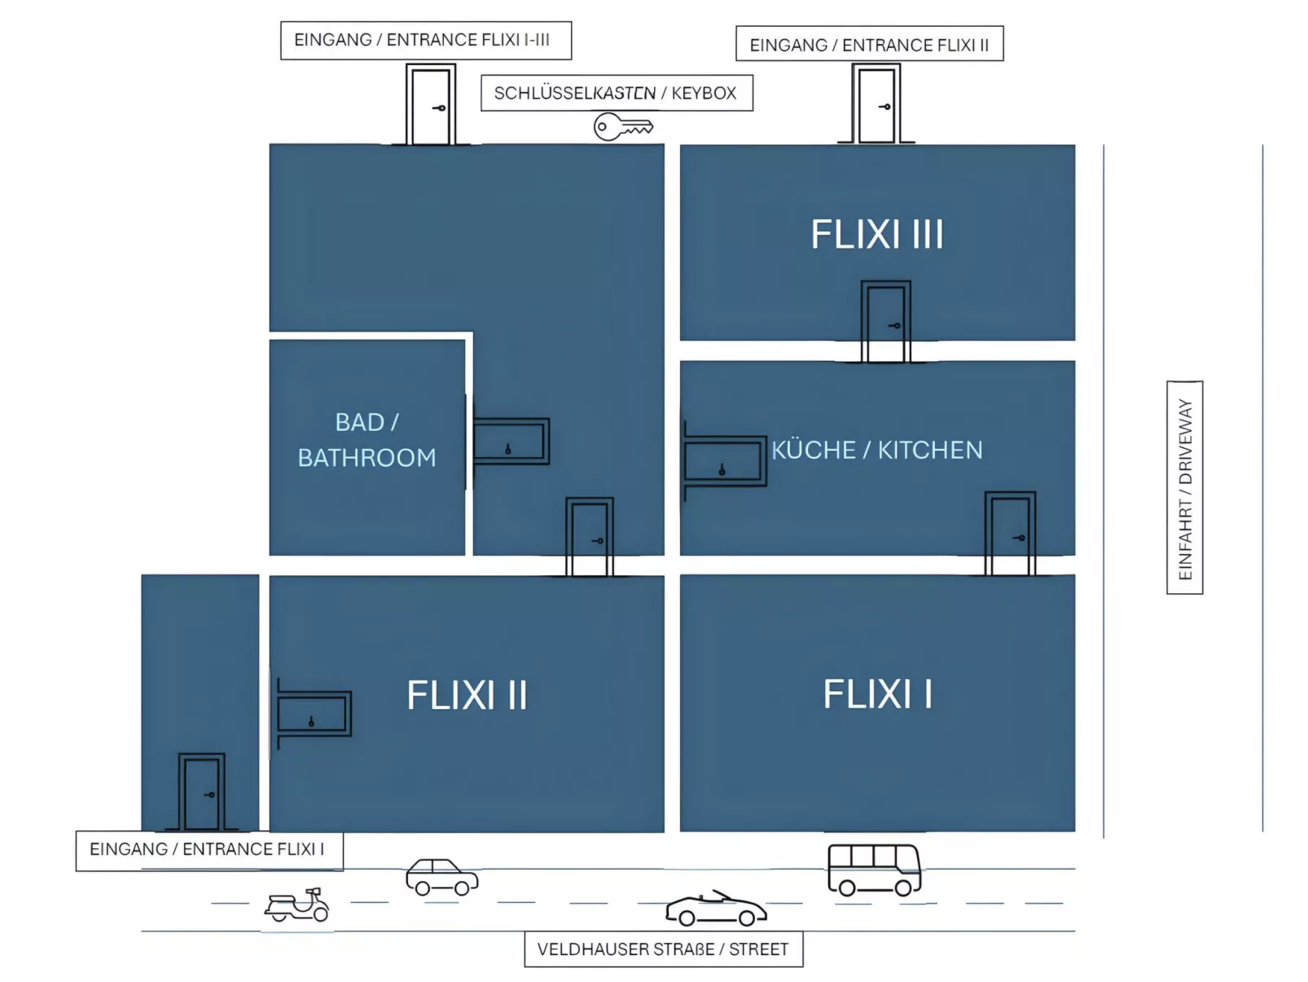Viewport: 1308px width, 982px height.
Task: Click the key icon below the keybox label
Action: point(623,127)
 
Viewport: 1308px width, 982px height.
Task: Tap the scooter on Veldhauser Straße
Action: point(297,905)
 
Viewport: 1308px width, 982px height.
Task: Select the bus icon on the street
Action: point(874,870)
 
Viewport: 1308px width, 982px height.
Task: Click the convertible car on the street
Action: point(716,909)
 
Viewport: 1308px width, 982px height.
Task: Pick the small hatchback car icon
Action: point(441,878)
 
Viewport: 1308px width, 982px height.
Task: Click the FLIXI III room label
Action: point(877,235)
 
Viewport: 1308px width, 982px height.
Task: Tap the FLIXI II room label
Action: point(467,696)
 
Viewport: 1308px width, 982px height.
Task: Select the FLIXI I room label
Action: point(877,695)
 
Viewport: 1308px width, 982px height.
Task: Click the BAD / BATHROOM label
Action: point(367,440)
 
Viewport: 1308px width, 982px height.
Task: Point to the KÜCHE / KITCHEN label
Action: point(877,450)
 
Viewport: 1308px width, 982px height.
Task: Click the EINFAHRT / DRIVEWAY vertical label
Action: point(1185,487)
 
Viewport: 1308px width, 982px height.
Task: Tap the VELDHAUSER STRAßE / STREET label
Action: point(663,949)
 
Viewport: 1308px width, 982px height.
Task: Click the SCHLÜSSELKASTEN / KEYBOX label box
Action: point(616,93)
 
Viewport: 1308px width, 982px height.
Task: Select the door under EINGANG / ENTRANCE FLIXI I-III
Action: point(430,106)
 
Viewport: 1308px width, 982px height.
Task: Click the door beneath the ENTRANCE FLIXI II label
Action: point(876,105)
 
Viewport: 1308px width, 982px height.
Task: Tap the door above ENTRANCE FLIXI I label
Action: point(201,792)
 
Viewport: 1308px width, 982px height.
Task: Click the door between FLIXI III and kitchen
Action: point(885,322)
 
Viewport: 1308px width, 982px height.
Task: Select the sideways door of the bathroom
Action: point(510,442)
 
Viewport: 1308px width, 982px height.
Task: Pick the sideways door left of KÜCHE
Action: point(724,461)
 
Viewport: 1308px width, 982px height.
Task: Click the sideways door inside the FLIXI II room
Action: point(314,714)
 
